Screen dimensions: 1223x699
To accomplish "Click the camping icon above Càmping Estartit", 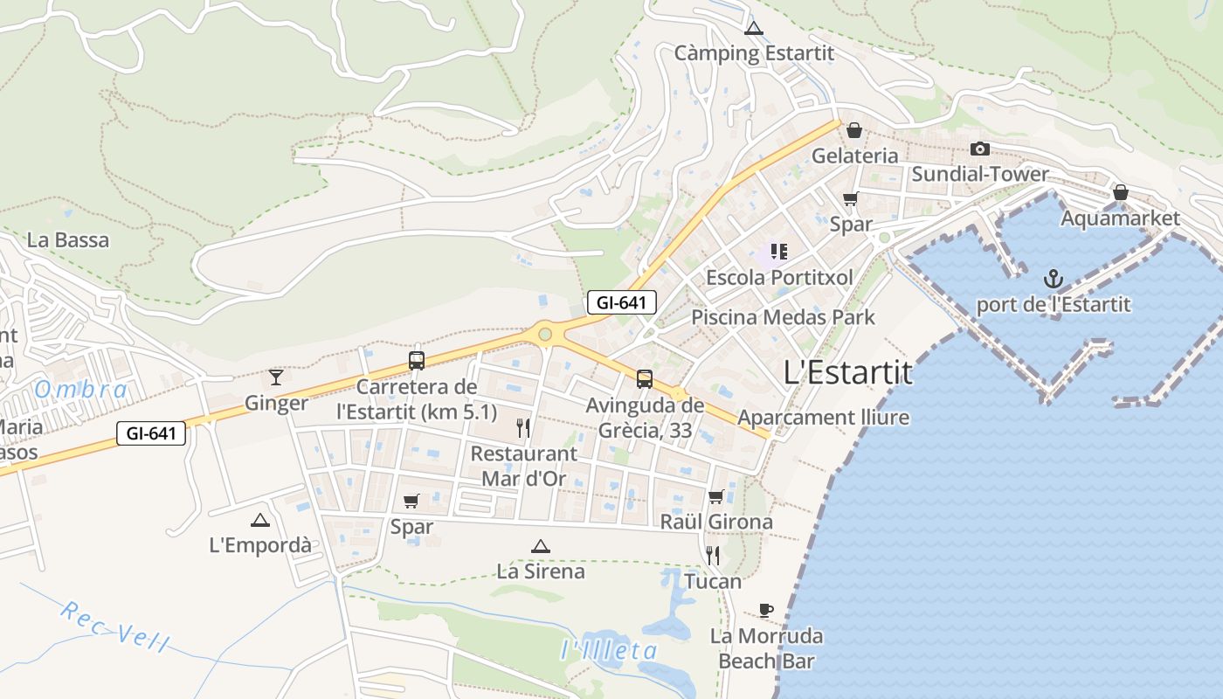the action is click(754, 29).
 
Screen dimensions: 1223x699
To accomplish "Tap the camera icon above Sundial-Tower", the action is click(980, 149).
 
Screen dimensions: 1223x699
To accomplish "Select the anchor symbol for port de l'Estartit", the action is click(1054, 280).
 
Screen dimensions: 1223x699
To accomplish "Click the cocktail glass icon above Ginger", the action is click(276, 377).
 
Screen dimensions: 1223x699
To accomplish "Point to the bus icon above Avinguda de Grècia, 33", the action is click(645, 379).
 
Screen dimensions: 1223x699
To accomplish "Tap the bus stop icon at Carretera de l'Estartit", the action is click(417, 361).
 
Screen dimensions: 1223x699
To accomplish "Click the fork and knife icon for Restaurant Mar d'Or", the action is click(523, 427).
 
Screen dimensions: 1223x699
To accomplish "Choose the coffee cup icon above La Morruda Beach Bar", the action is click(766, 610).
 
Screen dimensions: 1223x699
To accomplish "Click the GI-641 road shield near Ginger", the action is click(151, 433).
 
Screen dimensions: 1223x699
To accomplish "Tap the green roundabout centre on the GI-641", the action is click(545, 334).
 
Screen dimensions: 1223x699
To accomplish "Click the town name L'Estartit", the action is click(847, 373).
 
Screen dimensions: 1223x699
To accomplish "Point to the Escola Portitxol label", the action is click(779, 278).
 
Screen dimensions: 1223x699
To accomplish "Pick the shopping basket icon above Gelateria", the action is click(854, 130).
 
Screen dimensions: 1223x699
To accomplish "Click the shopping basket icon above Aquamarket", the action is click(1120, 192).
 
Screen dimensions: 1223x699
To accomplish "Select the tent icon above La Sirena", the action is click(540, 547).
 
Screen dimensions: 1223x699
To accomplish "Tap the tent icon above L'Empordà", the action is click(259, 521).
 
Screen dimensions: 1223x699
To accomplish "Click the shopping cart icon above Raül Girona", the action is click(715, 497).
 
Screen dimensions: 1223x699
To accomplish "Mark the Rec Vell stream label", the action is click(114, 626).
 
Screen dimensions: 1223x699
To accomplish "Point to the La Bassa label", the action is click(68, 240).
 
